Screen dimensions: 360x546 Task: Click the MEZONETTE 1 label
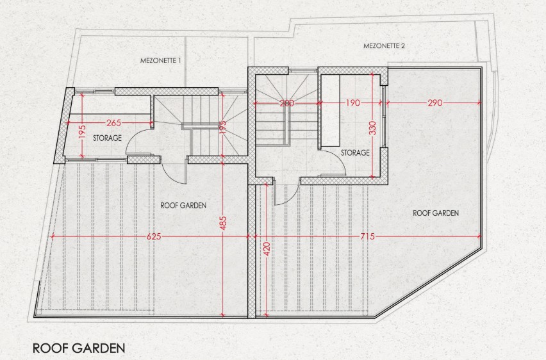pos(160,61)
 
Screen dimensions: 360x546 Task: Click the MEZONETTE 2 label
pos(385,46)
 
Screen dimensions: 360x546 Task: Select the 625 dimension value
pos(154,236)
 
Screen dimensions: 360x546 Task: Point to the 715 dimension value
pos(367,236)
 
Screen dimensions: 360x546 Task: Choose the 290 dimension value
pos(434,102)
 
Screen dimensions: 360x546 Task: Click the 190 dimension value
pos(352,102)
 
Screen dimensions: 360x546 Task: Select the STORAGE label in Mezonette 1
pos(107,138)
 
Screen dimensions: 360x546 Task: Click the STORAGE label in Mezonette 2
pos(355,153)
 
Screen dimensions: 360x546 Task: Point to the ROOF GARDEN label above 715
pos(436,213)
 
